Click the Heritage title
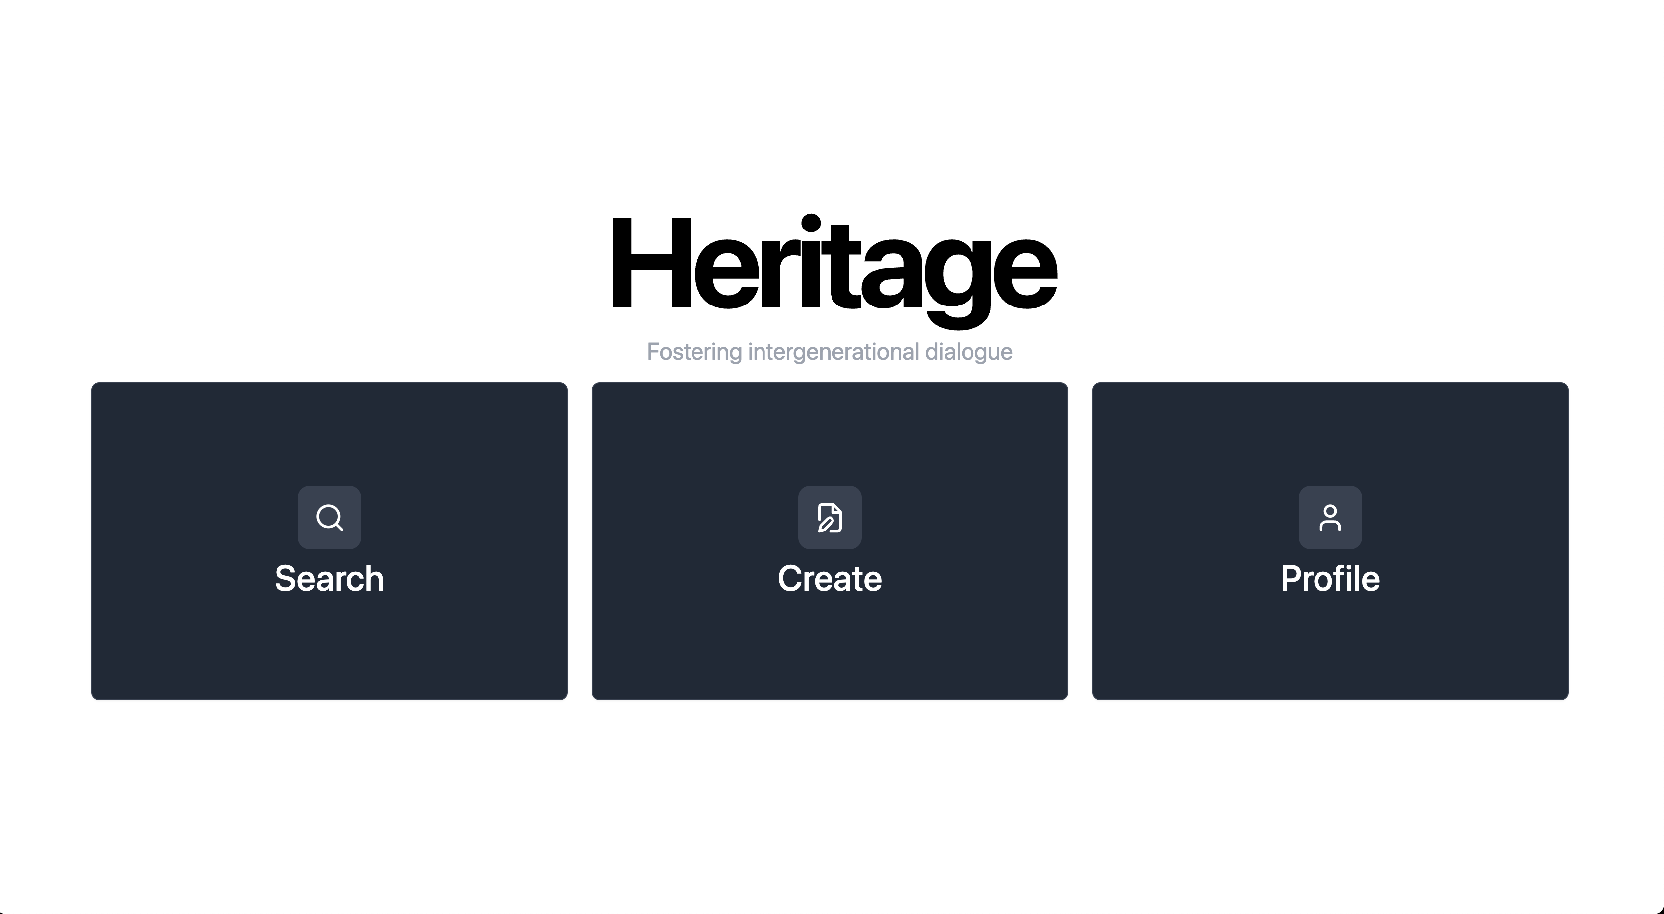833,265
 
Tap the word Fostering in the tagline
694,352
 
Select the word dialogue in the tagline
969,352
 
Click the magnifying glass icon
330,517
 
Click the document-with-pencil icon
830,517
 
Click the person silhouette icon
1330,517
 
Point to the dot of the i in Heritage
811,223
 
